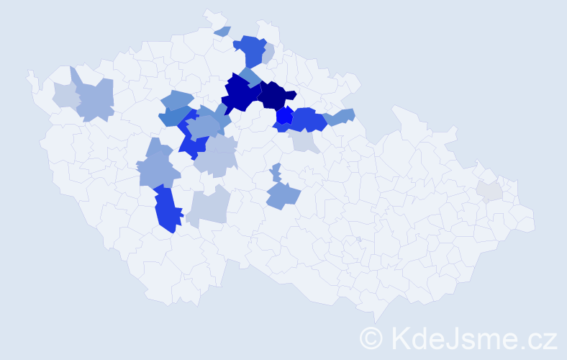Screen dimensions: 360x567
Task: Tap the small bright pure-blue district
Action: (284, 115)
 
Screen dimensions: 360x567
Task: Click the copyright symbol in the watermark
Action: (371, 338)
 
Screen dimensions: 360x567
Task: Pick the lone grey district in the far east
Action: (489, 190)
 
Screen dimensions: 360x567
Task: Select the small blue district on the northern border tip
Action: (222, 31)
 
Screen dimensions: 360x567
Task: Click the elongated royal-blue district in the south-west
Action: (165, 209)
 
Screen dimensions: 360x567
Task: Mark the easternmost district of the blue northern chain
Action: (340, 116)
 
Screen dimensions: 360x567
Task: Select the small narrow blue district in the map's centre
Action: (276, 173)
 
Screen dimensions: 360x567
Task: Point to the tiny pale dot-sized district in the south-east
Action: (358, 239)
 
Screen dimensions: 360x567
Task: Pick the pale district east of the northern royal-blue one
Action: (268, 54)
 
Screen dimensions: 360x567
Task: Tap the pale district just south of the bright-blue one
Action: (304, 142)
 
